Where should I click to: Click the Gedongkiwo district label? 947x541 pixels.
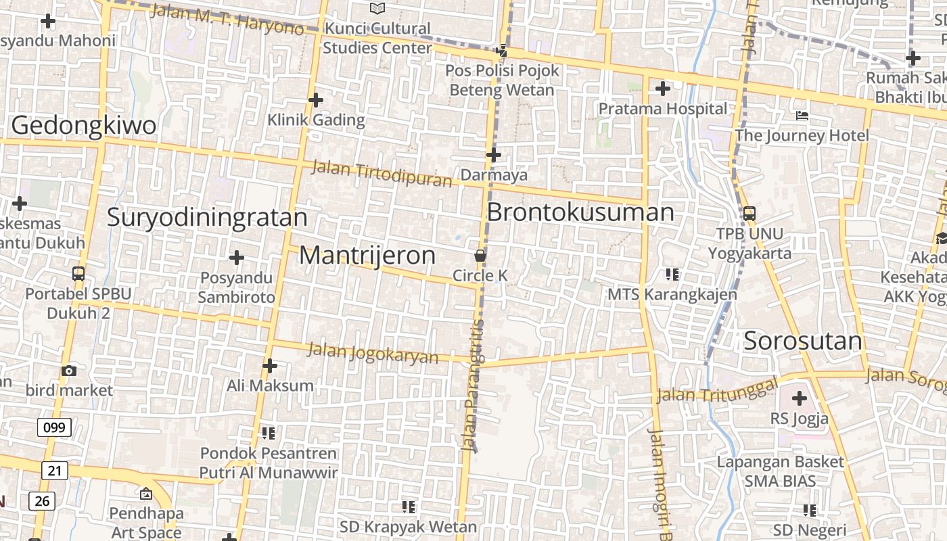pos(83,126)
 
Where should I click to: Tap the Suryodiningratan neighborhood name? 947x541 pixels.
pos(207,218)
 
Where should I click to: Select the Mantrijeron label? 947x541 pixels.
pos(367,256)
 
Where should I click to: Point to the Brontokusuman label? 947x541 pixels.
pos(580,212)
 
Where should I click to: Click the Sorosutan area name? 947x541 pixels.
pos(803,342)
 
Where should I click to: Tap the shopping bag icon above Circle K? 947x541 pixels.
pos(480,256)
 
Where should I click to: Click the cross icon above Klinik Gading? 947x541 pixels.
pos(315,101)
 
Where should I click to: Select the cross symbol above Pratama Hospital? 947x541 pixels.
pos(663,89)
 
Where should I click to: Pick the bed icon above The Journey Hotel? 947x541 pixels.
pos(802,116)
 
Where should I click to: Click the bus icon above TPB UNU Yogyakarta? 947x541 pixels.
pos(749,214)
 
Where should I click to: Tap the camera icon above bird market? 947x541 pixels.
pos(68,371)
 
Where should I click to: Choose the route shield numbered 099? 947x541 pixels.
pos(54,427)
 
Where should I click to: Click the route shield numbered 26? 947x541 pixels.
pos(42,501)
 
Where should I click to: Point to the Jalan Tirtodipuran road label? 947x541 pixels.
pos(381,174)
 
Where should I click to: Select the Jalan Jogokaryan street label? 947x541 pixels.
pos(373,353)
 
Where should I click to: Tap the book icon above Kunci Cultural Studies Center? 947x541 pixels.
pos(377,9)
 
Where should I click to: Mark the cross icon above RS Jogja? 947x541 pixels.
pos(799,398)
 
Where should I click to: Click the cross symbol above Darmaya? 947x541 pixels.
pos(494,155)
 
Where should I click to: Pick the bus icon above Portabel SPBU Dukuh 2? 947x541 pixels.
pos(78,274)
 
